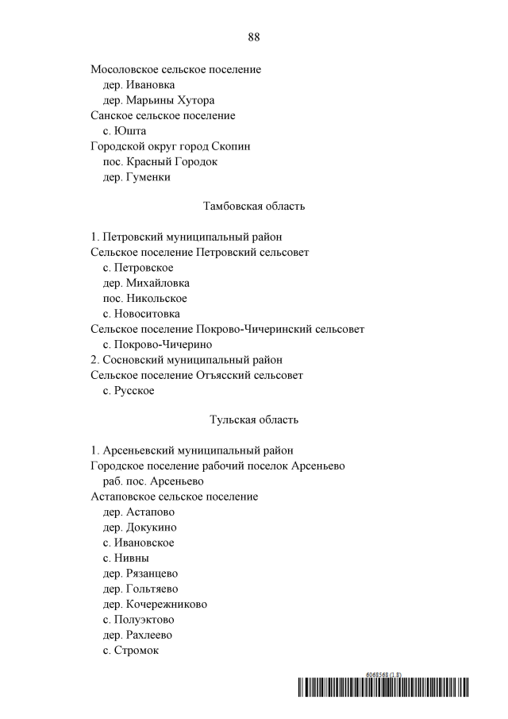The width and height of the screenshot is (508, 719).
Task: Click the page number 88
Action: [254, 37]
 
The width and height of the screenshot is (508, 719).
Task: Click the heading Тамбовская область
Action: [254, 207]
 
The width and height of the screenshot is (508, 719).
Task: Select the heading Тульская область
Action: [254, 419]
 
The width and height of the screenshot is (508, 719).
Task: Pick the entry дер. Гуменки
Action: [137, 177]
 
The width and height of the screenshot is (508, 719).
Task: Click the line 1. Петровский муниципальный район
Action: [186, 237]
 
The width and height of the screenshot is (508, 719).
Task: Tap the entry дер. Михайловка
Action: [146, 283]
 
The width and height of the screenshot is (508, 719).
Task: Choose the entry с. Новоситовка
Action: [141, 314]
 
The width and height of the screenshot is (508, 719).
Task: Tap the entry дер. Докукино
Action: [140, 528]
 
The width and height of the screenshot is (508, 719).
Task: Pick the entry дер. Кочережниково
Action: [155, 604]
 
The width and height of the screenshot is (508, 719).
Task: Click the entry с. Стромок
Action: [131, 650]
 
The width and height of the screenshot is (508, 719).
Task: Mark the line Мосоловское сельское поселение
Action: [175, 70]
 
